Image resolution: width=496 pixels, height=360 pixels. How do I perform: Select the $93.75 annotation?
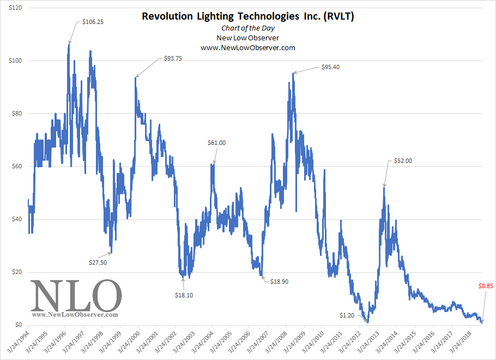(x=173, y=59)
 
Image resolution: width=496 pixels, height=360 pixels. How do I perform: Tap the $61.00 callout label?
(x=216, y=143)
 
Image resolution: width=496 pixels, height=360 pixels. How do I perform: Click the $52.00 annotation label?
(x=403, y=161)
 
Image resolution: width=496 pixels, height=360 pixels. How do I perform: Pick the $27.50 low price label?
(x=98, y=263)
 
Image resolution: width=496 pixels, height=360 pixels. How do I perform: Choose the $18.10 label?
(x=184, y=295)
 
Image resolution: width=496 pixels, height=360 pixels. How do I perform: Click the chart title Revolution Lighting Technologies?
(x=248, y=16)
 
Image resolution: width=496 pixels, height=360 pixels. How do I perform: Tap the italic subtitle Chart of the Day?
(x=248, y=28)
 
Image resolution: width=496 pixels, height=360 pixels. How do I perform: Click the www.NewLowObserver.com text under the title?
(x=248, y=48)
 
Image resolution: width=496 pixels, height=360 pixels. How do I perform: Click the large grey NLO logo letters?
(x=76, y=295)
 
